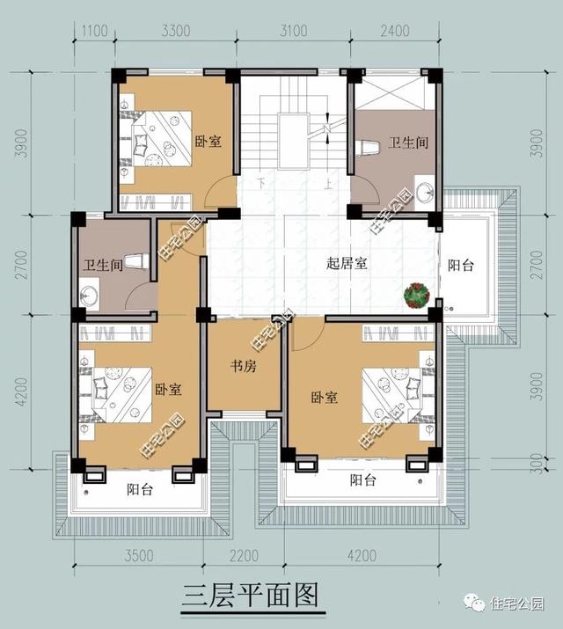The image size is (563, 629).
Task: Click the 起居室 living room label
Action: click(346, 263)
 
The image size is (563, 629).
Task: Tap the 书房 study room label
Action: click(244, 366)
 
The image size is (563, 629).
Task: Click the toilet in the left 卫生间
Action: click(133, 261)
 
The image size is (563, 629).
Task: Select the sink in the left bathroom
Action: click(91, 293)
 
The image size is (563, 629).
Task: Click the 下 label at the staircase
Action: click(261, 185)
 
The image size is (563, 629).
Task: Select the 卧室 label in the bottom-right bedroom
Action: click(325, 398)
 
